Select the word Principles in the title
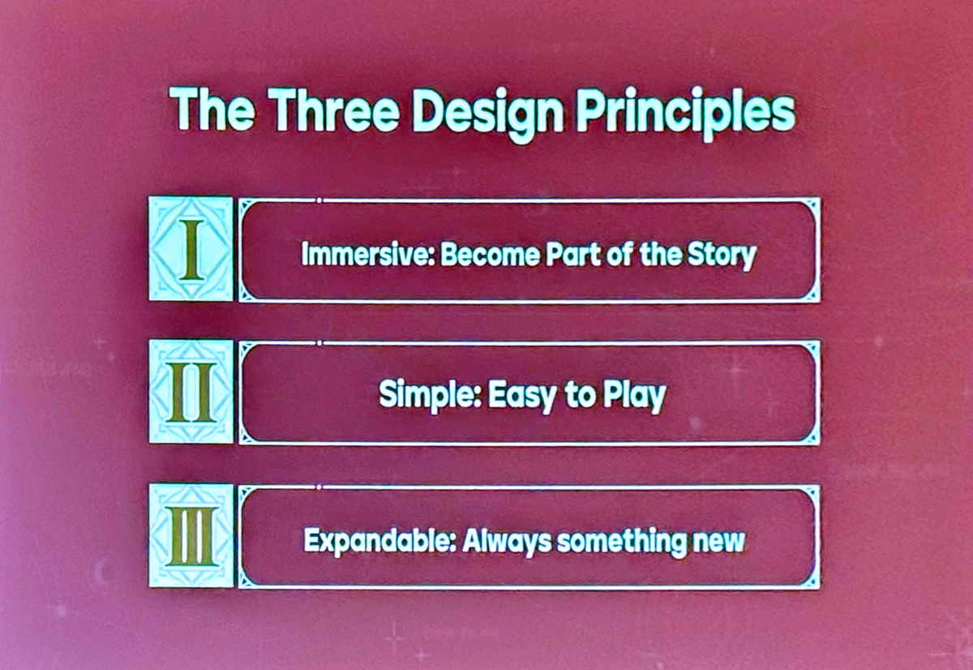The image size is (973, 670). (685, 114)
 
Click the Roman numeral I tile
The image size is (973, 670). (191, 248)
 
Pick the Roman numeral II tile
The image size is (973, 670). (191, 392)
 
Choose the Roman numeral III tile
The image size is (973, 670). (191, 535)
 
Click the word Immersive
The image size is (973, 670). (368, 254)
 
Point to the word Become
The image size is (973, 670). (490, 254)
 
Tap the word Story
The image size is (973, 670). (722, 256)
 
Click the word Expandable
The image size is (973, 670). (379, 540)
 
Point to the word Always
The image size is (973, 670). (506, 542)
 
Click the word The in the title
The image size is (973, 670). (212, 109)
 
